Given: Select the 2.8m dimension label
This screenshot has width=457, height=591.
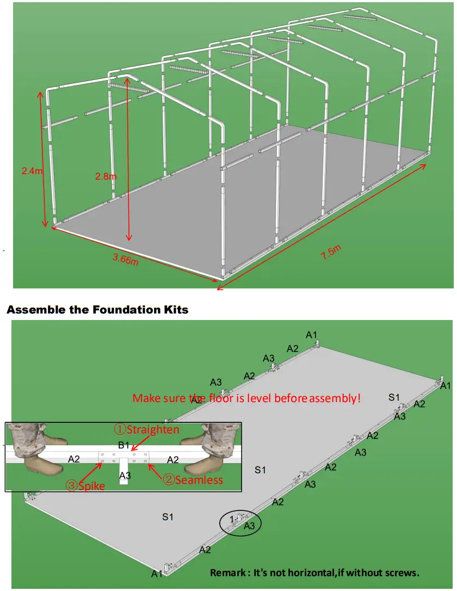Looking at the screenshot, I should pos(105,177).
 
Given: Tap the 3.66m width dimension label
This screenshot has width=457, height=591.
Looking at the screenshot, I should pos(125,258).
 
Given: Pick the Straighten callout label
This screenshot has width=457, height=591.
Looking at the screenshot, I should pos(146,429).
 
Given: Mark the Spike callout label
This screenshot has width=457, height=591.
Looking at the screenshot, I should pos(85,485).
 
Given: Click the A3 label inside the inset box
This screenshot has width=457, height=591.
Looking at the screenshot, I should pos(125,476).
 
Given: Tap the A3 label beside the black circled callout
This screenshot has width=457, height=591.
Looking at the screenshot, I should pos(249,526).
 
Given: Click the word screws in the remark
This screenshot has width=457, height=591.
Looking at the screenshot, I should pos(401,572).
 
